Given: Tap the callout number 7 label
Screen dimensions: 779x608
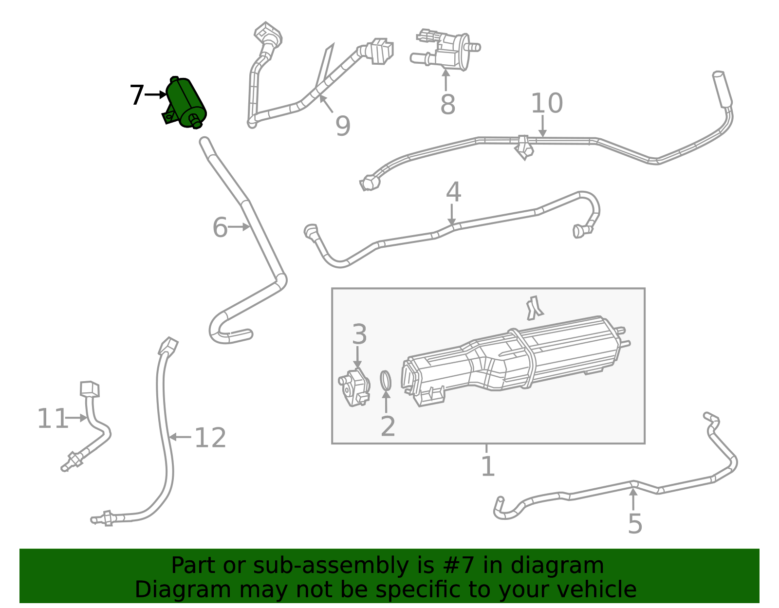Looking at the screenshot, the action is click(x=137, y=95).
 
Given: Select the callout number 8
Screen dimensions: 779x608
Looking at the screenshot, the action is click(x=448, y=105).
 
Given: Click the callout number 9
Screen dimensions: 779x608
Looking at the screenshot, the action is click(x=343, y=126).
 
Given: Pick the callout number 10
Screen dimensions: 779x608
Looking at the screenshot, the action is click(x=547, y=103).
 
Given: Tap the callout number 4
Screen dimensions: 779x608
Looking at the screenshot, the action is click(x=453, y=192).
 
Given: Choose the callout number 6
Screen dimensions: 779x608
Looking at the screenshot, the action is click(x=220, y=227).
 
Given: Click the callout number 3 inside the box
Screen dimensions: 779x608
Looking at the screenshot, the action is click(x=360, y=334).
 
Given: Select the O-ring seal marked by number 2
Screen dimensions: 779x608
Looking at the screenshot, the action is click(x=386, y=381).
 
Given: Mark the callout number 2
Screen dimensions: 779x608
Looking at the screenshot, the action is click(x=388, y=426).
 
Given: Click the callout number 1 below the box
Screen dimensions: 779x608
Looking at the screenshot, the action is click(x=488, y=466).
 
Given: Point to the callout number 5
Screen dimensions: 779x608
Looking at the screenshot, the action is click(x=635, y=524).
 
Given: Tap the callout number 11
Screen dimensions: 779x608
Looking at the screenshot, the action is click(x=53, y=419).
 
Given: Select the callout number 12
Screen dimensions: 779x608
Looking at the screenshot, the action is click(x=210, y=438).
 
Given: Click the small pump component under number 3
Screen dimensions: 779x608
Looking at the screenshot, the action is click(x=354, y=387).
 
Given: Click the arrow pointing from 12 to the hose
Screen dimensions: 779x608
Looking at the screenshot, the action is click(x=180, y=437).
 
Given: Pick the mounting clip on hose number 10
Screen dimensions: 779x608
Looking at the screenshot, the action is click(x=524, y=147).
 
